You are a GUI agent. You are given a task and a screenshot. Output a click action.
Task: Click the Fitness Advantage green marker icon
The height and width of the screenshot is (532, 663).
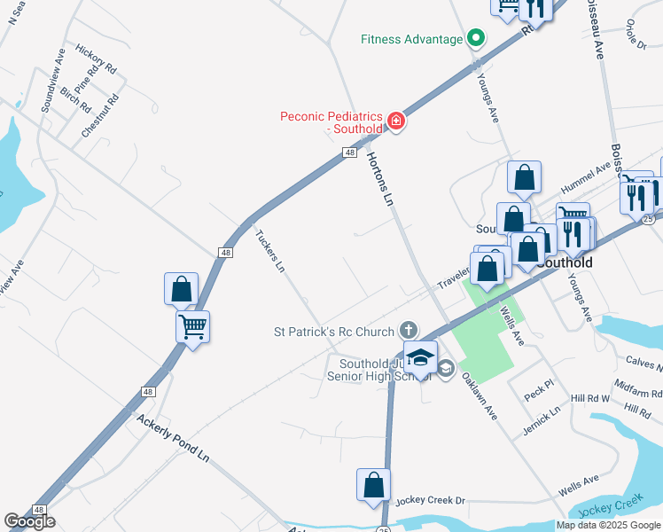(476, 39)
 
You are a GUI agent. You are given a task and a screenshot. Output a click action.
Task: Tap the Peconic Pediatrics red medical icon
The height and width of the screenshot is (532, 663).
(396, 121)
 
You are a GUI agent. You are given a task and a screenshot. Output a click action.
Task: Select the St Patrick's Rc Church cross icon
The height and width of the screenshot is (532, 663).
(408, 331)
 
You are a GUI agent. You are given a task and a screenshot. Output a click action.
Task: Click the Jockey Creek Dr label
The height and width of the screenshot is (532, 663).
(430, 501)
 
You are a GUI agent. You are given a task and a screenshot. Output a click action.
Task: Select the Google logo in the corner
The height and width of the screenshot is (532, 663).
(30, 521)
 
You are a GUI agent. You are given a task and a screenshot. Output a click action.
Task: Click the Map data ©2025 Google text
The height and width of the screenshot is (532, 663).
(608, 525)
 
